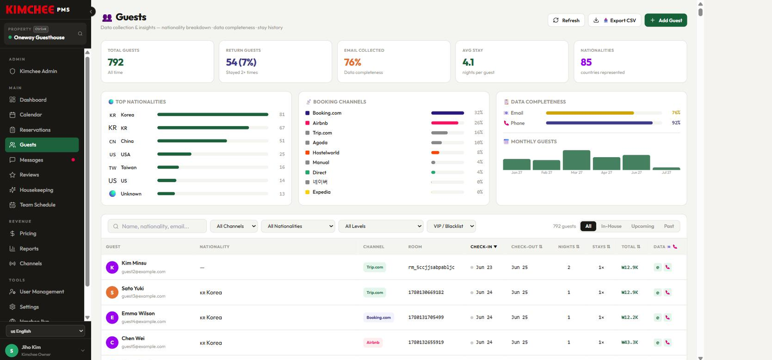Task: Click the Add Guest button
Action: point(666,20)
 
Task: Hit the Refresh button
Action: point(566,20)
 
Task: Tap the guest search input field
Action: point(157,226)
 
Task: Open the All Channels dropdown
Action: point(234,226)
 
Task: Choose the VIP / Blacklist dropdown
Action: point(451,226)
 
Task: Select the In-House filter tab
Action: point(611,226)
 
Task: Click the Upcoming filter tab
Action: point(642,226)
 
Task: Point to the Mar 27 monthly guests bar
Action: point(576,160)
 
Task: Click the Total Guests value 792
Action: point(115,62)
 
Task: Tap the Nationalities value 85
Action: point(586,62)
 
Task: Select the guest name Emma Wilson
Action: point(138,314)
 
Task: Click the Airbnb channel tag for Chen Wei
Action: point(373,342)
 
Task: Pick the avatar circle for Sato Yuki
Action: point(112,292)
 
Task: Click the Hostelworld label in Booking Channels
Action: point(326,153)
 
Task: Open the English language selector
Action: point(45,331)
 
